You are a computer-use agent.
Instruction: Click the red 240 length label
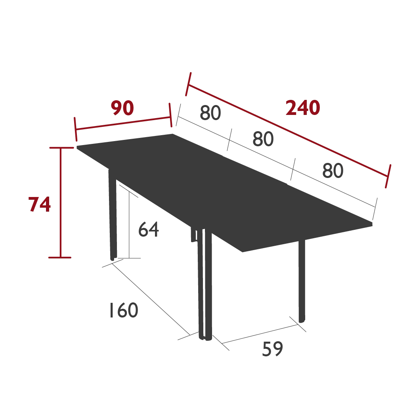click(303, 109)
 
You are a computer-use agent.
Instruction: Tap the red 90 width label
click(122, 109)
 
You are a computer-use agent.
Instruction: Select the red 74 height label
click(40, 205)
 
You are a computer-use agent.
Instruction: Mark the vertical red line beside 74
click(60, 202)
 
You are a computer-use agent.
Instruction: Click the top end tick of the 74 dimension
click(60, 147)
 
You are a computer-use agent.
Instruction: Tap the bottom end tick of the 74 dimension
click(60, 257)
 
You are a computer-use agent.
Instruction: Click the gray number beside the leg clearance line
click(149, 229)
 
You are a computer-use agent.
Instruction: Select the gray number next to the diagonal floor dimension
click(123, 310)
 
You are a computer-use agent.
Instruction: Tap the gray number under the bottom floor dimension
click(273, 350)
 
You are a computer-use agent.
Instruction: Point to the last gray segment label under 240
click(333, 171)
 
